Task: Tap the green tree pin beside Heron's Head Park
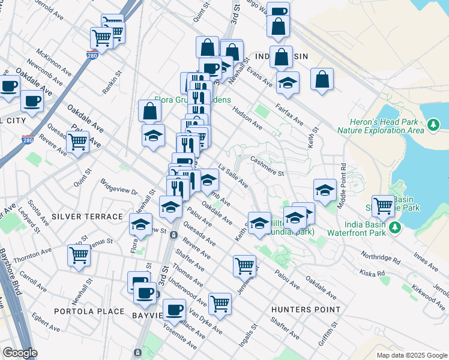point(432,125)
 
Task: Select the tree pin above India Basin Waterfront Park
point(395,227)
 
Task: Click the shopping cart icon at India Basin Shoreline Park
point(383,206)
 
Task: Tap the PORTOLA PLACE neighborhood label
point(88,311)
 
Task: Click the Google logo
point(20,353)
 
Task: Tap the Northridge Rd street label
point(380,257)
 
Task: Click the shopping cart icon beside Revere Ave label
point(77,142)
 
